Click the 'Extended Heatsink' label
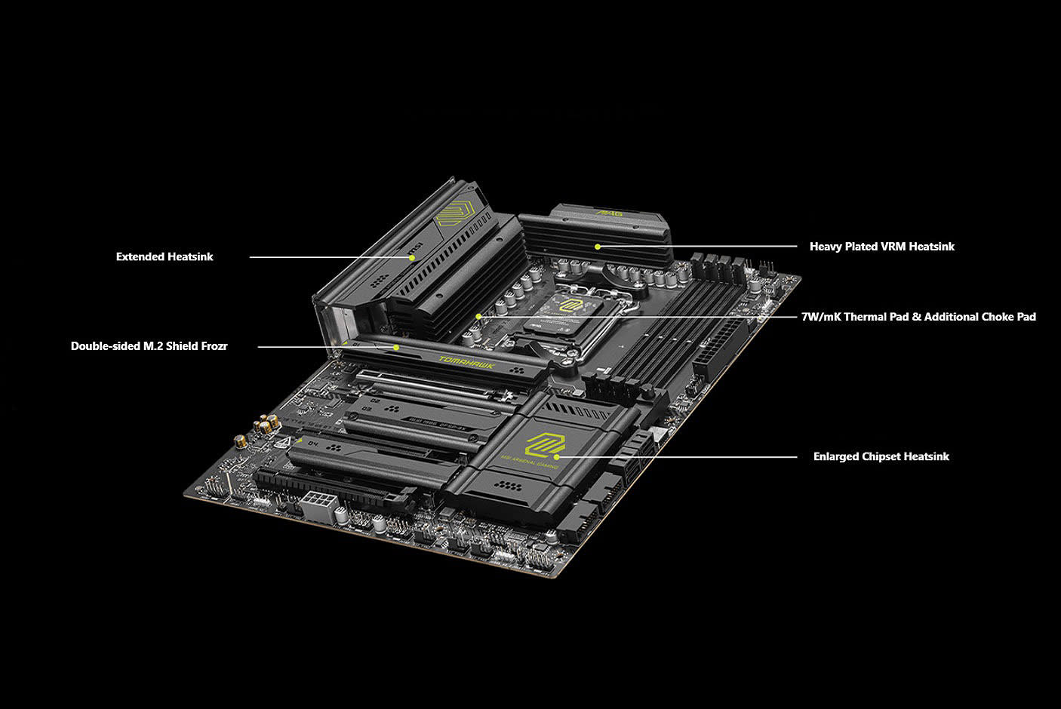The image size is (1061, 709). [x=165, y=256]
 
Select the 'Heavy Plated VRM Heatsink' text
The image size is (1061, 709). [x=881, y=247]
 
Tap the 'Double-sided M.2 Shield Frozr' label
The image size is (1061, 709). [x=149, y=346]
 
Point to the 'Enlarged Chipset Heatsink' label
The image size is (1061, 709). [x=881, y=456]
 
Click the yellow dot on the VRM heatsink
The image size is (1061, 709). [x=597, y=246]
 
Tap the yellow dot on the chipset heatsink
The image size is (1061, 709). [x=557, y=456]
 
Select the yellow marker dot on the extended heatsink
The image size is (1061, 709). [x=412, y=257]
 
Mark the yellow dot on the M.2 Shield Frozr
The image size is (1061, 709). [x=396, y=347]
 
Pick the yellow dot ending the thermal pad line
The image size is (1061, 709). [x=478, y=316]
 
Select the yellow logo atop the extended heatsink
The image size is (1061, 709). [x=454, y=213]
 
